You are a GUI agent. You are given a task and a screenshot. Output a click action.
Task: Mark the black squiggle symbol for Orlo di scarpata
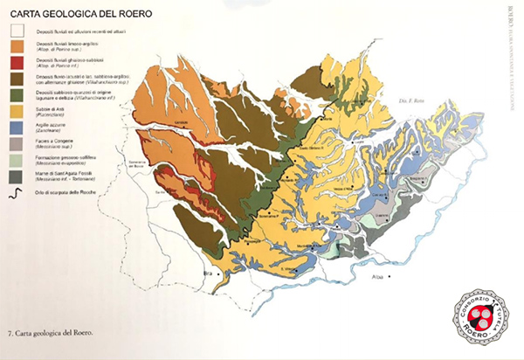pyautogui.click(x=14, y=191)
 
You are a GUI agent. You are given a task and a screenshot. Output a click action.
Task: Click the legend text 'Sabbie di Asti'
pyautogui.click(x=49, y=107)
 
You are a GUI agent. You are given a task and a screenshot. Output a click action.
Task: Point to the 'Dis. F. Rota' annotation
pyautogui.click(x=410, y=100)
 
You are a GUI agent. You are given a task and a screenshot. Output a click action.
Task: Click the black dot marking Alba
pyautogui.click(x=392, y=277)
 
